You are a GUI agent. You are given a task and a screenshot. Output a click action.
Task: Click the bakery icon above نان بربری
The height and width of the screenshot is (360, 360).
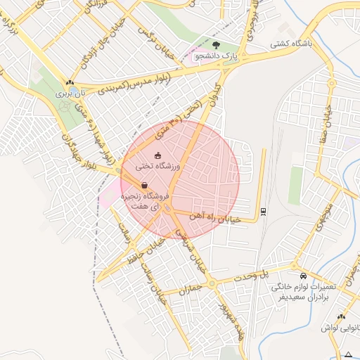(x=68, y=82)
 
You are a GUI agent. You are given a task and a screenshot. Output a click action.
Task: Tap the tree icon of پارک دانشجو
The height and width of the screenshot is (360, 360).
(x=215, y=44)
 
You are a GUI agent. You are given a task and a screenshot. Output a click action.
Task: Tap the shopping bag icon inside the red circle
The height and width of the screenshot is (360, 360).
(x=144, y=186)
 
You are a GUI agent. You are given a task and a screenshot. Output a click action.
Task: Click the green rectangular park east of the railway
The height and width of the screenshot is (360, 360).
(x=295, y=186)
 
